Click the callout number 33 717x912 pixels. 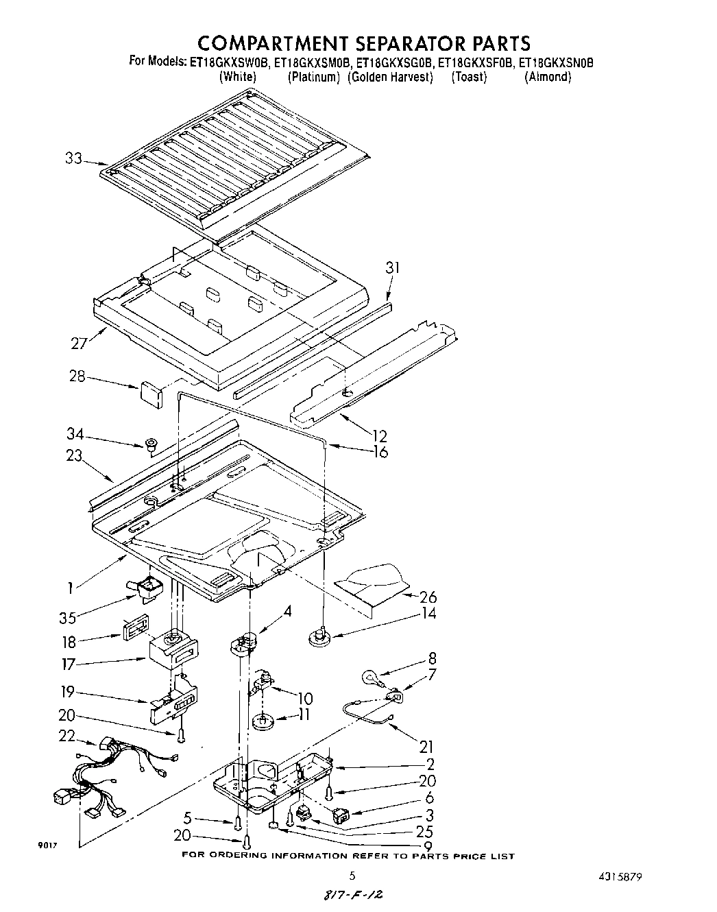[73, 158]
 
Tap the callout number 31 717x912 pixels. [391, 268]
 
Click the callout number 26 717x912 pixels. [428, 597]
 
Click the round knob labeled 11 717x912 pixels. [261, 721]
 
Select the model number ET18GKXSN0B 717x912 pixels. [556, 62]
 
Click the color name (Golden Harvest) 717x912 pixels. [391, 77]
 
